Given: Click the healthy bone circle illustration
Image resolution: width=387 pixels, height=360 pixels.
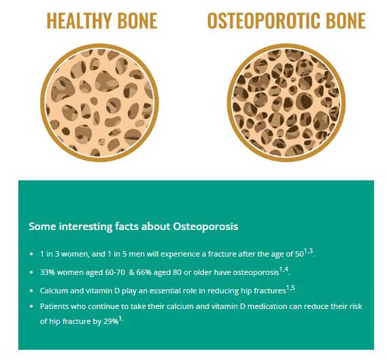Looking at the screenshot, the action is point(99,103).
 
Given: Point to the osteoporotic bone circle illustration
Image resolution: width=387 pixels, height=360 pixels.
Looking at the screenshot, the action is point(286,103).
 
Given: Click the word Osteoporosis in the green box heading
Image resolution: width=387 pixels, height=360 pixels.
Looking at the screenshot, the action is point(205,227).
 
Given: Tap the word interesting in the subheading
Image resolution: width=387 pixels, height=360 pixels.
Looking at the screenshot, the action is point(86,227).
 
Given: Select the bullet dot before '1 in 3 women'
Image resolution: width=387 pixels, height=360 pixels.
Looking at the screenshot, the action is point(31,254).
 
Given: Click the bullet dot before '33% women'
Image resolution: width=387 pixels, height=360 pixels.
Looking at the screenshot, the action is point(31,273).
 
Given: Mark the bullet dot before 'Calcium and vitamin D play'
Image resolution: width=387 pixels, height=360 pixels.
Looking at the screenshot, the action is point(31,291).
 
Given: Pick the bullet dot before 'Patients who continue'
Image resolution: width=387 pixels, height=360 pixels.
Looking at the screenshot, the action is point(31,307).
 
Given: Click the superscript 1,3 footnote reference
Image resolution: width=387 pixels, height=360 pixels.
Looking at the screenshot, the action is point(308,251).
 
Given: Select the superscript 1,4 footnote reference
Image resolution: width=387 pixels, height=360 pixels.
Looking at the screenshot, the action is point(284,269).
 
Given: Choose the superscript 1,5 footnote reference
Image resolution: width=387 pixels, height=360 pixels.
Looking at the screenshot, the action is point(290,288).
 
